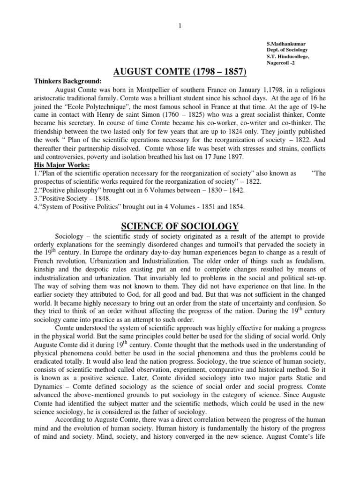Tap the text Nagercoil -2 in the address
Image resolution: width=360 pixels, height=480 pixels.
coord(283,64)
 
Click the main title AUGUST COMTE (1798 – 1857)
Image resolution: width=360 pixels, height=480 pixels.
coord(180,72)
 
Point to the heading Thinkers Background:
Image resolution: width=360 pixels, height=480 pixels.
coord(67,81)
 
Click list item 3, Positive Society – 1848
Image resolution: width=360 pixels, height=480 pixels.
coord(74,198)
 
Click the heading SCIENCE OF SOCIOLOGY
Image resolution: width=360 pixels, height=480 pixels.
coord(180,225)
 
